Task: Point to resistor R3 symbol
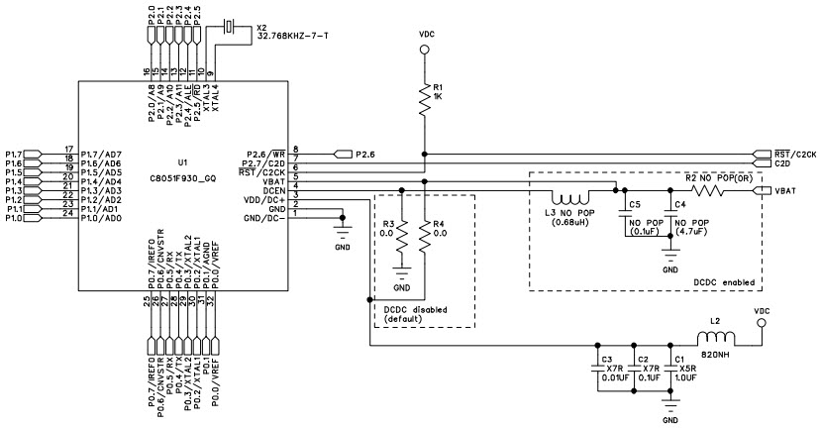coord(401,236)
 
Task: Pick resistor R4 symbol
coord(425,236)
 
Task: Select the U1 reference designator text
coord(181,160)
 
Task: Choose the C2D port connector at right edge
coord(764,162)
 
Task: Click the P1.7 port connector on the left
coord(31,154)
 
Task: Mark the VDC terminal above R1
coord(425,46)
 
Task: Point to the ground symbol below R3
coord(401,270)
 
